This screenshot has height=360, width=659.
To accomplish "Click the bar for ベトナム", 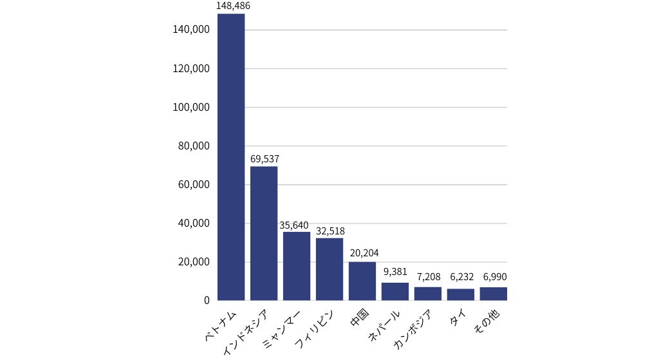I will (x=231, y=157).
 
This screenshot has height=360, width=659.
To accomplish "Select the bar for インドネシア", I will (x=264, y=233).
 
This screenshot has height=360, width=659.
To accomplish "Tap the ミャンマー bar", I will (x=297, y=266).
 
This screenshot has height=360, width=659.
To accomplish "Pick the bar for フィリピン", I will (x=329, y=269).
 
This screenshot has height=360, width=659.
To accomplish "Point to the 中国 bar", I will (x=362, y=281).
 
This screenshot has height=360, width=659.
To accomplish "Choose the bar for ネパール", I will (x=395, y=291).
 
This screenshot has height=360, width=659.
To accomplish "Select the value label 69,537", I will (x=265, y=158).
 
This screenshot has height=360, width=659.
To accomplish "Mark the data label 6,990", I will (x=494, y=277).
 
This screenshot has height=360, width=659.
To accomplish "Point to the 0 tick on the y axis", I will (x=207, y=301).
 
